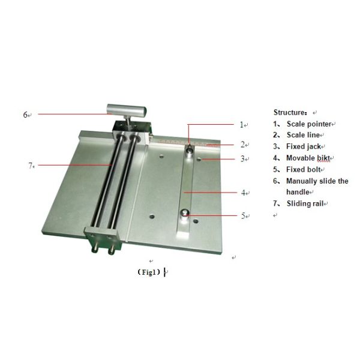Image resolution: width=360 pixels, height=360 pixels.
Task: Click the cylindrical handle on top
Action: (126, 110)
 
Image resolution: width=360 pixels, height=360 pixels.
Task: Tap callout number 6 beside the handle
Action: (25, 115)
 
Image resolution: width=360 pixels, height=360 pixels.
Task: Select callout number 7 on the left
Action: (31, 166)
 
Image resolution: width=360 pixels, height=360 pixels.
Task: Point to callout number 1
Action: (241, 125)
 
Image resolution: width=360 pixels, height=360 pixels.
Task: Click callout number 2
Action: (243, 145)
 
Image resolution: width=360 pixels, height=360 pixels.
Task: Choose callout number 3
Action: (242, 158)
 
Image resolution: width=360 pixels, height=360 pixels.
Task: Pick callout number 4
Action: (244, 193)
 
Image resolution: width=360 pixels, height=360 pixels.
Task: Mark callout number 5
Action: (244, 216)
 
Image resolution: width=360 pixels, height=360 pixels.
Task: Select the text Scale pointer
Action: (309, 124)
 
